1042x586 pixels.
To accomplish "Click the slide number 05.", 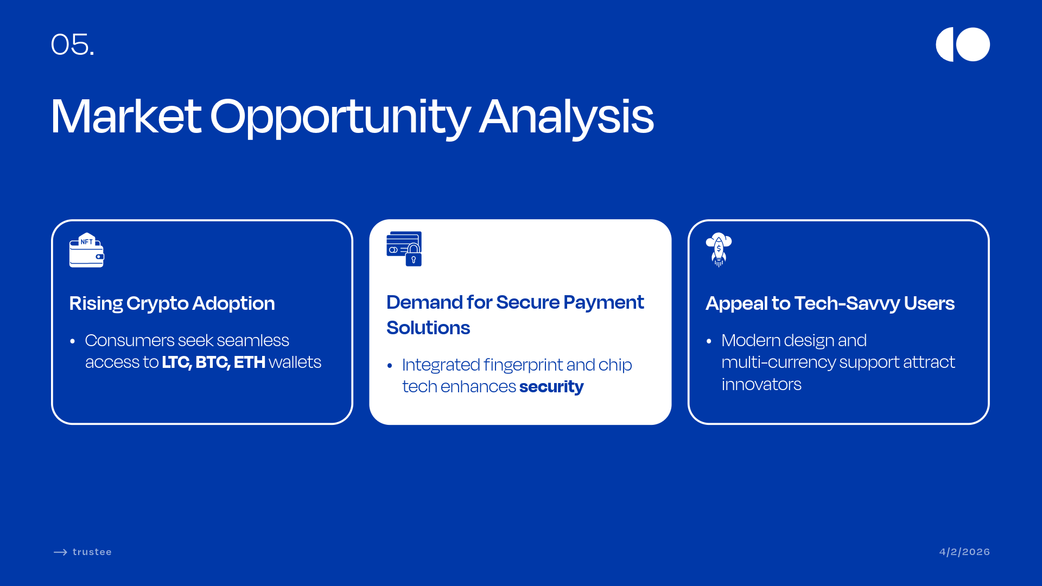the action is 72,44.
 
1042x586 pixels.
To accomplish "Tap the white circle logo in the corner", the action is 963,44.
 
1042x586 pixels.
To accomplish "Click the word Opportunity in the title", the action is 340,117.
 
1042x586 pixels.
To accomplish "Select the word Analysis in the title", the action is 567,117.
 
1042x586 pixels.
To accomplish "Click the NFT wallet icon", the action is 87,250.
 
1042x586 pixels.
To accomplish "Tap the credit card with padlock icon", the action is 404,249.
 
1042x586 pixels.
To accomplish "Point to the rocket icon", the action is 719,250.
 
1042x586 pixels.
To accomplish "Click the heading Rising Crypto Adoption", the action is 172,303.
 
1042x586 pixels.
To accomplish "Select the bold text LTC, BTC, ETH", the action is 214,362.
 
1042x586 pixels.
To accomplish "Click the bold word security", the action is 551,387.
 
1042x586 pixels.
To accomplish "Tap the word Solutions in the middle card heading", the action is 428,328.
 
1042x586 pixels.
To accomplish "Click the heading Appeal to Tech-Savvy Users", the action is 830,303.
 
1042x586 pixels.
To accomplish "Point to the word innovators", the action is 761,384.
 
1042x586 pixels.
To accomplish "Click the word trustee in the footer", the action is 92,552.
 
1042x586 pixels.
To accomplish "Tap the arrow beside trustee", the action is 60,552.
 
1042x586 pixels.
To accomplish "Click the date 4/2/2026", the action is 964,552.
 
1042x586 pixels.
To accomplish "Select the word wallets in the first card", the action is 295,362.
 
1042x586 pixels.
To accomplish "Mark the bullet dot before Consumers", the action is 72,341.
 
